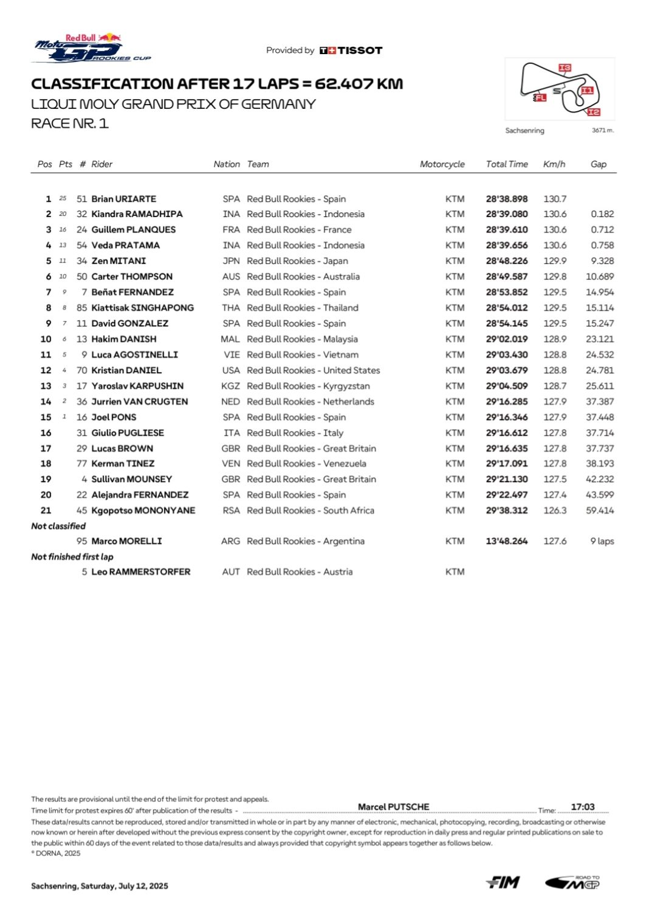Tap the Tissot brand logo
pos(351,50)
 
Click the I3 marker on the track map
pos(565,68)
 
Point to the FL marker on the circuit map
pos(540,97)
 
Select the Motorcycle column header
pos(442,164)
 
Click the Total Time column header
pos(507,164)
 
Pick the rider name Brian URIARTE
pos(123,199)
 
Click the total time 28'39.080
pos(507,214)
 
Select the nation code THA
pos(231,308)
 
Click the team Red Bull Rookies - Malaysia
pos(302,339)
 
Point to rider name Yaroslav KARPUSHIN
pos(137,386)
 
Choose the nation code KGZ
pos(230,386)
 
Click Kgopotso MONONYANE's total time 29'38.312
pos(507,511)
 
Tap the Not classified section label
pos(58,526)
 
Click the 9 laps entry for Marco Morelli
pos(602,541)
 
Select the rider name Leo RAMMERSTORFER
pos(140,572)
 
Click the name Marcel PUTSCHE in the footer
pos(393,807)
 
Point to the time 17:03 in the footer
pos(582,807)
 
